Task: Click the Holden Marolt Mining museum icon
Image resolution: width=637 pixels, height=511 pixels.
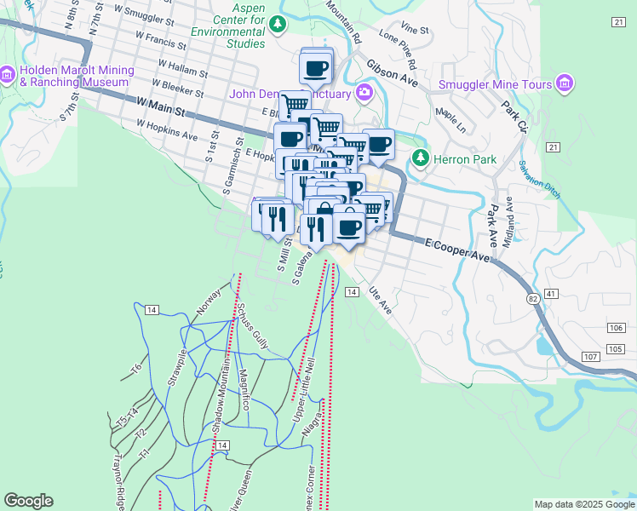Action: [x=9, y=75]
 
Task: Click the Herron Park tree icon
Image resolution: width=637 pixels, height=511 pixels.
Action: [x=419, y=158]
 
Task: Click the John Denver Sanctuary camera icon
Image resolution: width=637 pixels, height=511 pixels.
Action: [x=365, y=92]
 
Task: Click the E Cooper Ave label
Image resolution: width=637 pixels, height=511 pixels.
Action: [x=459, y=250]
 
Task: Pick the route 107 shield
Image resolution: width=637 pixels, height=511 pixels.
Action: [x=593, y=356]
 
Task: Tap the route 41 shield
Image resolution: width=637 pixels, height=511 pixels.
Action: [x=553, y=294]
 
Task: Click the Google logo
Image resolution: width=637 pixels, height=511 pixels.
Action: [x=28, y=501]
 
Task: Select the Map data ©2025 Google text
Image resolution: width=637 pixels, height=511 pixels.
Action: [x=583, y=504]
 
